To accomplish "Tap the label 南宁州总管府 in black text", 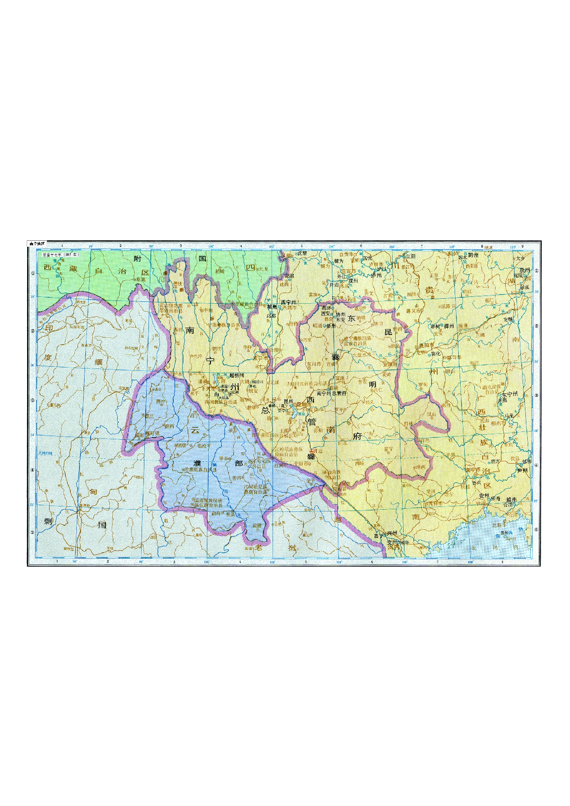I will click(331, 393).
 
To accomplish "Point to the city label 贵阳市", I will click(426, 345).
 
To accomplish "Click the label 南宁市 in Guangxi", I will click(474, 470).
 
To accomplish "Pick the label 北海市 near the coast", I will click(499, 525).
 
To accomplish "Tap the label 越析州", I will click(236, 375).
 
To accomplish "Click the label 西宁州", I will click(289, 302).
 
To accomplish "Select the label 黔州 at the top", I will click(473, 255).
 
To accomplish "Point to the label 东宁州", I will click(509, 394).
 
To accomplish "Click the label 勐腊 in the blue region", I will click(256, 525).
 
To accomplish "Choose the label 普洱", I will click(237, 478).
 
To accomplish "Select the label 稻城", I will click(220, 271).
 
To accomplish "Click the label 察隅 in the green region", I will click(140, 279).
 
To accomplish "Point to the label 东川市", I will click(314, 364).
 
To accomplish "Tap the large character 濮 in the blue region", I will click(197, 463).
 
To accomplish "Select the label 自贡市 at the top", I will click(346, 254).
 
